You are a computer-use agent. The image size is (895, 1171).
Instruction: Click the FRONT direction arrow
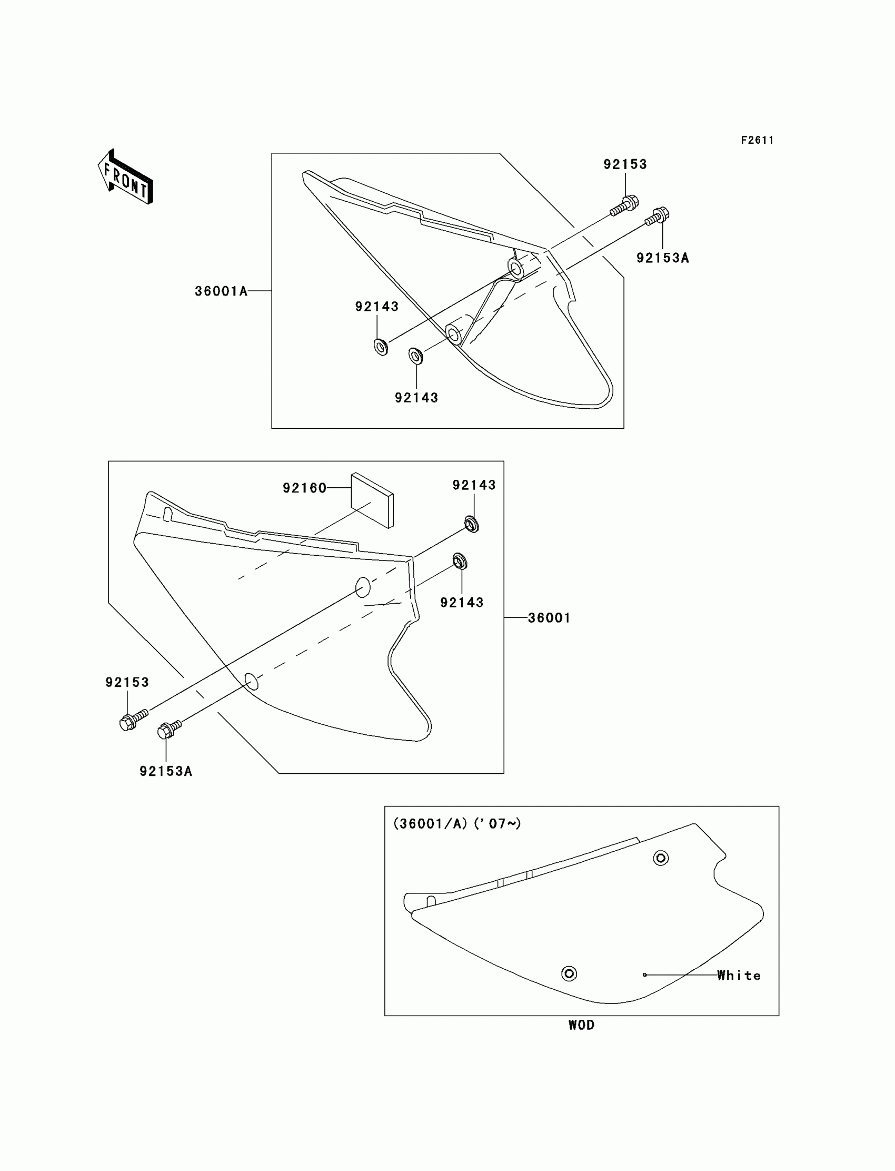126,178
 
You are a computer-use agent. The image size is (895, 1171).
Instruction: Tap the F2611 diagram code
757,140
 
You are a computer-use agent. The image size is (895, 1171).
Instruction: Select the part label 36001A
221,291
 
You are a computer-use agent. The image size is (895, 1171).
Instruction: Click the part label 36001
549,618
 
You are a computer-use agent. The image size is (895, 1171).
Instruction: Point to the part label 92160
304,488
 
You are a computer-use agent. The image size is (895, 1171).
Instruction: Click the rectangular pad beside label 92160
372,499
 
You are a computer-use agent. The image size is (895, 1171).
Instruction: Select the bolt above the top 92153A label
658,216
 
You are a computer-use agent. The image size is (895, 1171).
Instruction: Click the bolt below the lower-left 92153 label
133,720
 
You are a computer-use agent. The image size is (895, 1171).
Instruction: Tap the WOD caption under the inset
581,1025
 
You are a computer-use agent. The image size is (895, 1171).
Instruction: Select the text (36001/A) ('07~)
456,823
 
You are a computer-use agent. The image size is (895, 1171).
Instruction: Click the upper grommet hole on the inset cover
661,858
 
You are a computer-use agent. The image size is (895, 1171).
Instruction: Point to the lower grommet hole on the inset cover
569,974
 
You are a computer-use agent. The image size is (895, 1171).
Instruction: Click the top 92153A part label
662,258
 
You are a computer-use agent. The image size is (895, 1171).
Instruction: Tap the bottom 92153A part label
166,771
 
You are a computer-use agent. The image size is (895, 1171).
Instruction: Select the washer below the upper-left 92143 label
381,347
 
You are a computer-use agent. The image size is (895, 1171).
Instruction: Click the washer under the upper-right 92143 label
472,525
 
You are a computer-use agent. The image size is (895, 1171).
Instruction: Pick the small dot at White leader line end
644,975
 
